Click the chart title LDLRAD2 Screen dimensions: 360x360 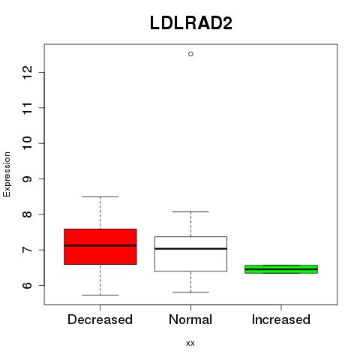[191, 23]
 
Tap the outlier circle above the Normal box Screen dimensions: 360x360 [190, 54]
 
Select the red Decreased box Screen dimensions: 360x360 [100, 247]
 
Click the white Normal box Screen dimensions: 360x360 [190, 253]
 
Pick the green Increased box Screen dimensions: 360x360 [281, 269]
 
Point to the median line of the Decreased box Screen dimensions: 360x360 [100, 245]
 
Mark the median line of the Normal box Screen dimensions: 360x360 [190, 248]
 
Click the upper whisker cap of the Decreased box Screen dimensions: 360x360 [100, 196]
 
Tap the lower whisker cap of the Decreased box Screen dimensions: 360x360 [100, 295]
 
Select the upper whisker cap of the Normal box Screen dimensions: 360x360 [190, 211]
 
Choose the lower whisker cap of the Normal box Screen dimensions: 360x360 [190, 292]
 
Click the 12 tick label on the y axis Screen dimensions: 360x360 [28, 73]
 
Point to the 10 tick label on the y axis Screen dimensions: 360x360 [28, 143]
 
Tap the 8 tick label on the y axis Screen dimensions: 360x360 [28, 214]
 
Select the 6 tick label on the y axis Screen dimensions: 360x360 [28, 285]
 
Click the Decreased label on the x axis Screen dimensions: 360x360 [100, 319]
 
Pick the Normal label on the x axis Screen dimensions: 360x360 [190, 319]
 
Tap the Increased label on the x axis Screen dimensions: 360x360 [281, 319]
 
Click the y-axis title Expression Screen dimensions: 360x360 [7, 174]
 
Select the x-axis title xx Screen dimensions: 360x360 [190, 343]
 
